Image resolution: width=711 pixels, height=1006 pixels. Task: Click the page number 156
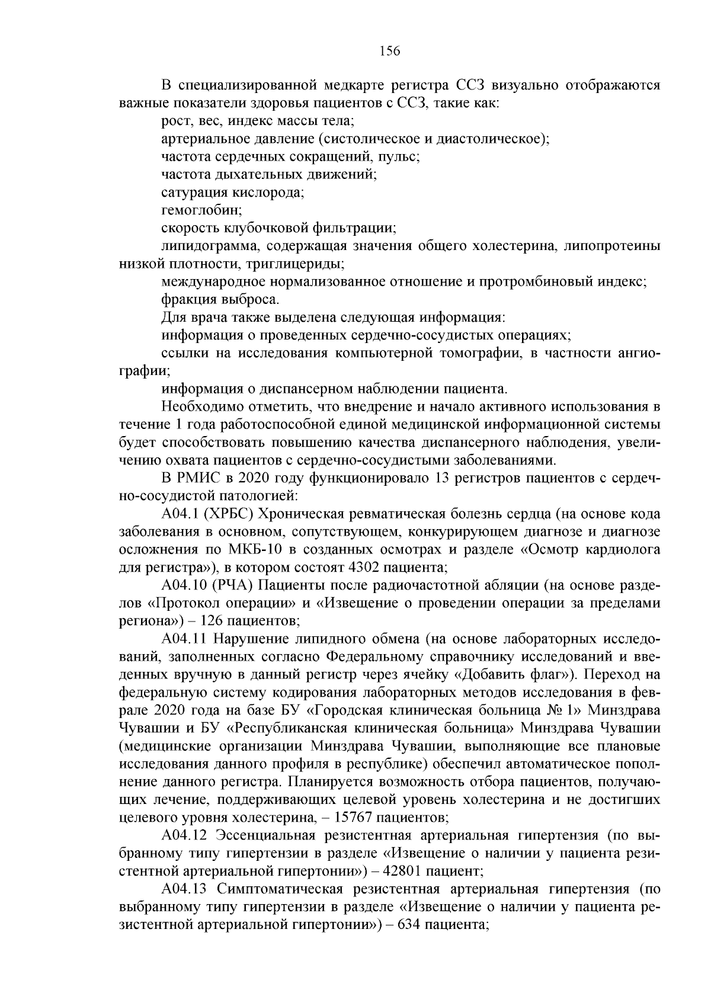click(389, 51)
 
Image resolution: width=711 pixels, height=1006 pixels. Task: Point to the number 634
click(404, 924)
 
